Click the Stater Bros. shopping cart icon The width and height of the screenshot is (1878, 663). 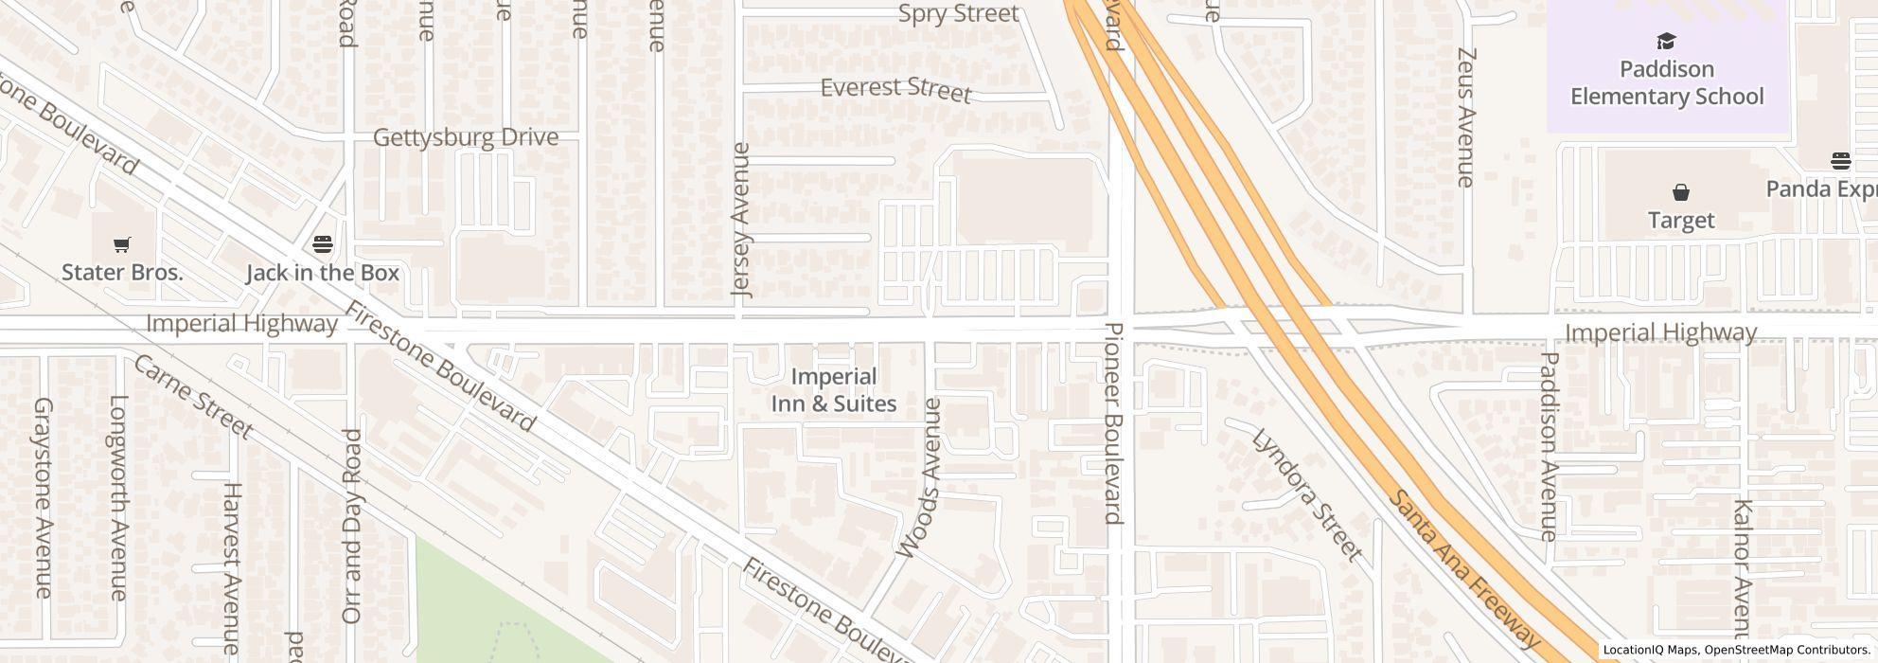click(121, 245)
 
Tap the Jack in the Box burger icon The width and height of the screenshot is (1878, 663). click(323, 245)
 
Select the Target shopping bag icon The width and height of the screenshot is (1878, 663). click(1681, 193)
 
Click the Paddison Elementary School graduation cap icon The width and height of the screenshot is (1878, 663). click(1666, 42)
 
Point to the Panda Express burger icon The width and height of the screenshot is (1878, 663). click(1840, 161)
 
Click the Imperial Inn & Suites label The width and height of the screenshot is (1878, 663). click(833, 390)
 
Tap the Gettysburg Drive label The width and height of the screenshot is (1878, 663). click(466, 137)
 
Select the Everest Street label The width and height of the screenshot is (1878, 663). click(895, 89)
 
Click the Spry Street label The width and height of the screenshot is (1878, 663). click(958, 14)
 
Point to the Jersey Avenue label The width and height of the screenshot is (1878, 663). click(741, 220)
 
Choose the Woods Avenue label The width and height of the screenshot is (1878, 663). click(919, 478)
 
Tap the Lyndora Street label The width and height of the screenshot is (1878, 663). click(1307, 494)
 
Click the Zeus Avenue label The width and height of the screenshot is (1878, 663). click(1466, 117)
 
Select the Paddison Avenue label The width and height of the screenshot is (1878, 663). click(1550, 446)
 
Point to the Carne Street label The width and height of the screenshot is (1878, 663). click(193, 397)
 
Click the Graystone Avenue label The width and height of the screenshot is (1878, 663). click(43, 497)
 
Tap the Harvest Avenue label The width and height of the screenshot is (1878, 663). click(232, 568)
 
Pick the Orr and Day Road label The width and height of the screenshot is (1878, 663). click(351, 526)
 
